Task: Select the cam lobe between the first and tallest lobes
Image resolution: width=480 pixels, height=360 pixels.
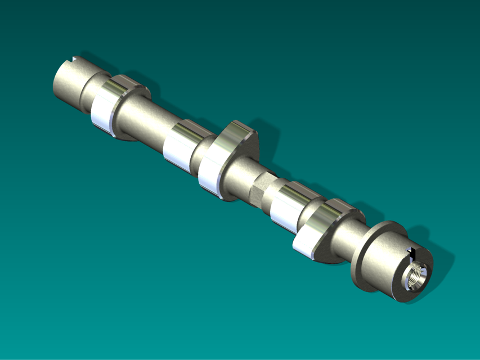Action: click(183, 145)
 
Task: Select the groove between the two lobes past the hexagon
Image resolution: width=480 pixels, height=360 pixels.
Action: click(307, 217)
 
